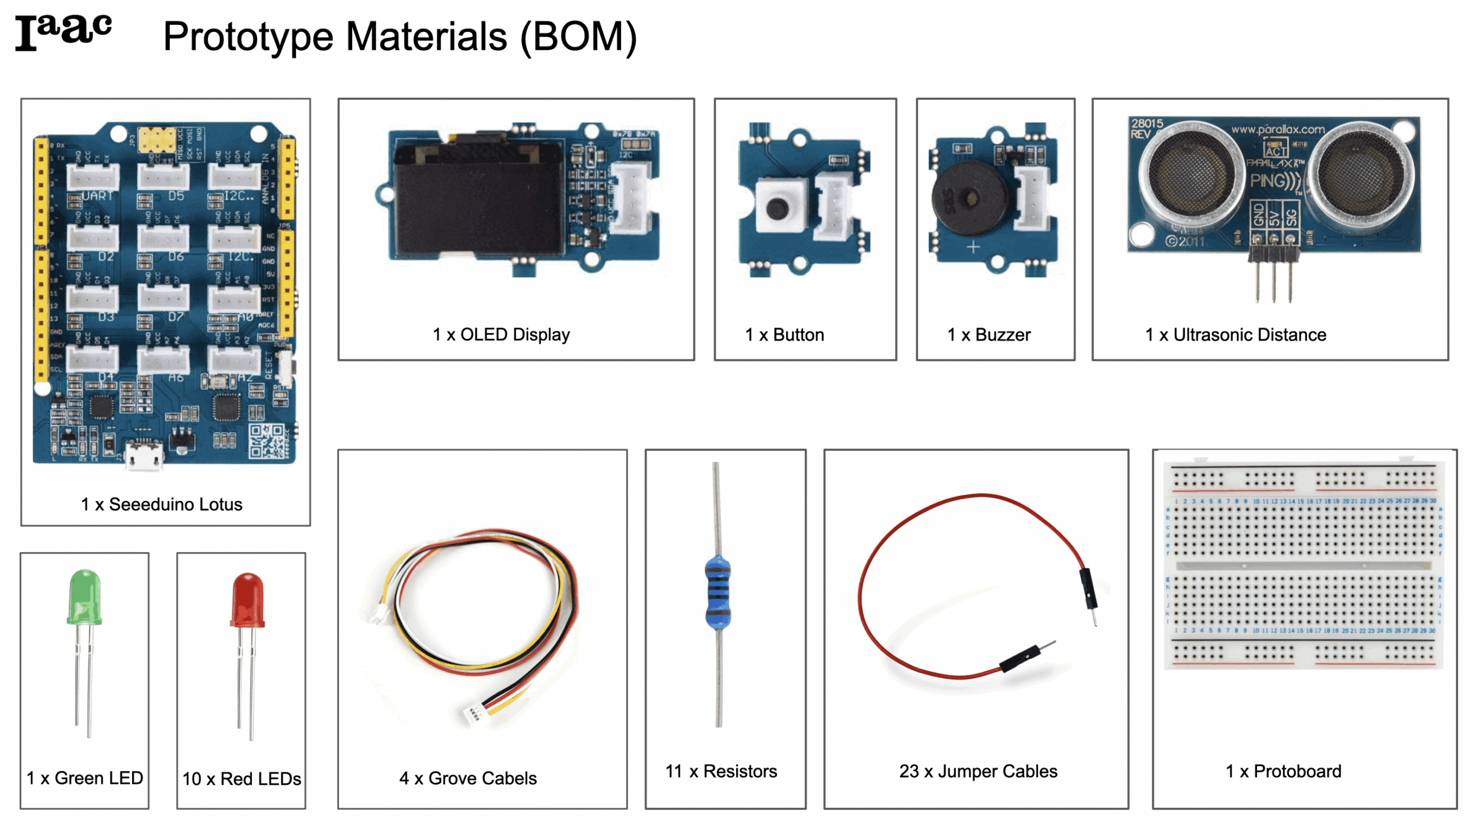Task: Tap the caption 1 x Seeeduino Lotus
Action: pyautogui.click(x=161, y=504)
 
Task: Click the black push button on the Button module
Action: pyautogui.click(x=776, y=207)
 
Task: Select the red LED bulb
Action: pyautogui.click(x=247, y=599)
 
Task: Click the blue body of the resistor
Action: pyautogui.click(x=717, y=591)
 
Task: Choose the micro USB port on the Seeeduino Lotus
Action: pyautogui.click(x=143, y=454)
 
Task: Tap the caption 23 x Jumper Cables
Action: pyautogui.click(x=978, y=771)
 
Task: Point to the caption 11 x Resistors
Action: pyautogui.click(x=721, y=771)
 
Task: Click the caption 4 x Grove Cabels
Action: pyautogui.click(x=467, y=778)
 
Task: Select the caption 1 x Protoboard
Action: pyautogui.click(x=1283, y=771)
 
